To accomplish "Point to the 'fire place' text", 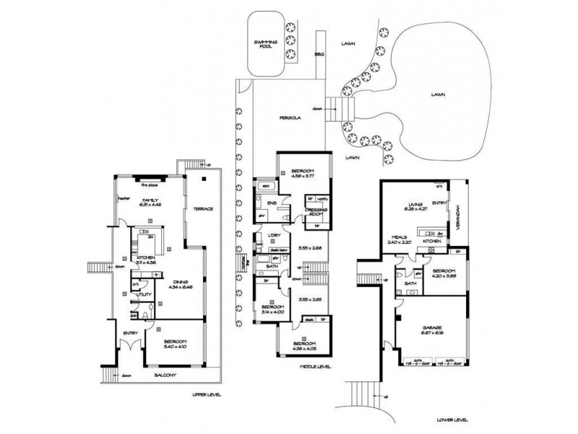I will (150, 184).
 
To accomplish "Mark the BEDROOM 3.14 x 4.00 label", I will (272, 310).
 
